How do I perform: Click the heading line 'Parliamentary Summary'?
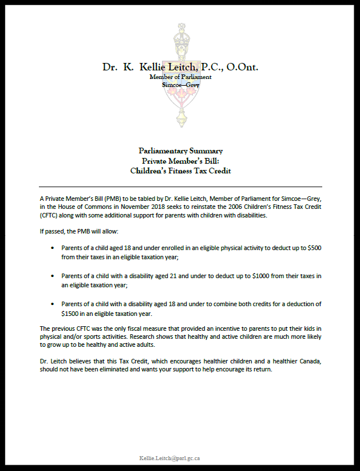[180, 151]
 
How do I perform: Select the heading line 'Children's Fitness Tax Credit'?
[180, 170]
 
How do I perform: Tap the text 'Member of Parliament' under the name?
[180, 77]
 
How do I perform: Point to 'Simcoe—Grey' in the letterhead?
[180, 84]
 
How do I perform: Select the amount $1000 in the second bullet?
[262, 276]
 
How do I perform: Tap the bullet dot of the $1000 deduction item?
[53, 276]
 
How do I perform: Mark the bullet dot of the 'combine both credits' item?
[53, 304]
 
